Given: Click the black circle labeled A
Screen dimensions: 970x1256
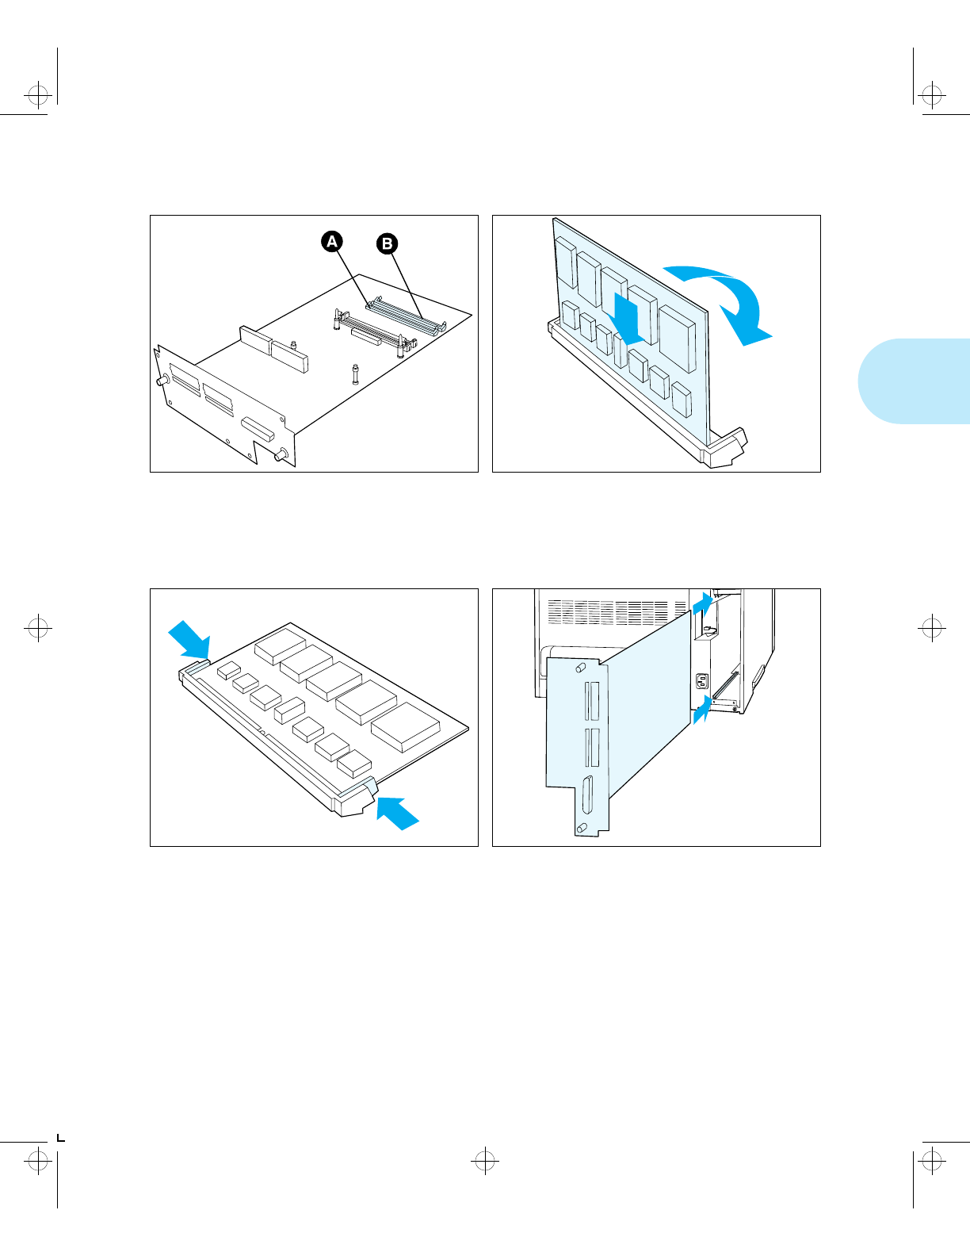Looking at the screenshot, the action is [x=332, y=241].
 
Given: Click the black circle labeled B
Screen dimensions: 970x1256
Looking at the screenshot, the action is [x=387, y=243].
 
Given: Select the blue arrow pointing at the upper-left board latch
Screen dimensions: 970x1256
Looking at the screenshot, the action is [x=189, y=639].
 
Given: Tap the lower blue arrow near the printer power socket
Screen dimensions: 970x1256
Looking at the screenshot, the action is [x=701, y=709].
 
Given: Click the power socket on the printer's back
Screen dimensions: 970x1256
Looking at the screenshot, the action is [x=701, y=681].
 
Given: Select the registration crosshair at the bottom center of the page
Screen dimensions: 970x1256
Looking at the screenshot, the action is [x=484, y=1162].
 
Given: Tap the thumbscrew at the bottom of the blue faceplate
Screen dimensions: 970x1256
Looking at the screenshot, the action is [x=582, y=828].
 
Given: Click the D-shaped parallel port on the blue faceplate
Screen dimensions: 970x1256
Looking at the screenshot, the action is [x=587, y=795].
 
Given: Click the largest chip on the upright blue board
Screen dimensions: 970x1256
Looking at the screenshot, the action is [x=677, y=338].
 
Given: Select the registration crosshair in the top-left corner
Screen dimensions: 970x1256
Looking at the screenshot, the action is [x=37, y=97].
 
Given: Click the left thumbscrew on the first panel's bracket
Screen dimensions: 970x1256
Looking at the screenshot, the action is [x=162, y=381].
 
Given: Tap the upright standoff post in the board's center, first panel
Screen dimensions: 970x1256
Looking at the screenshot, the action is [x=354, y=373].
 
